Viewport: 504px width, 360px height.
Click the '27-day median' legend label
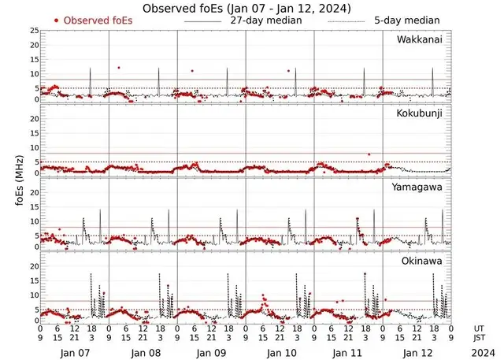coord(266,20)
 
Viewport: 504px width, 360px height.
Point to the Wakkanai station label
coord(418,39)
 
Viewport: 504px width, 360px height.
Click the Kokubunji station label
coord(420,114)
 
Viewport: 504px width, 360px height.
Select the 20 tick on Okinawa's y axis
coord(34,266)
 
